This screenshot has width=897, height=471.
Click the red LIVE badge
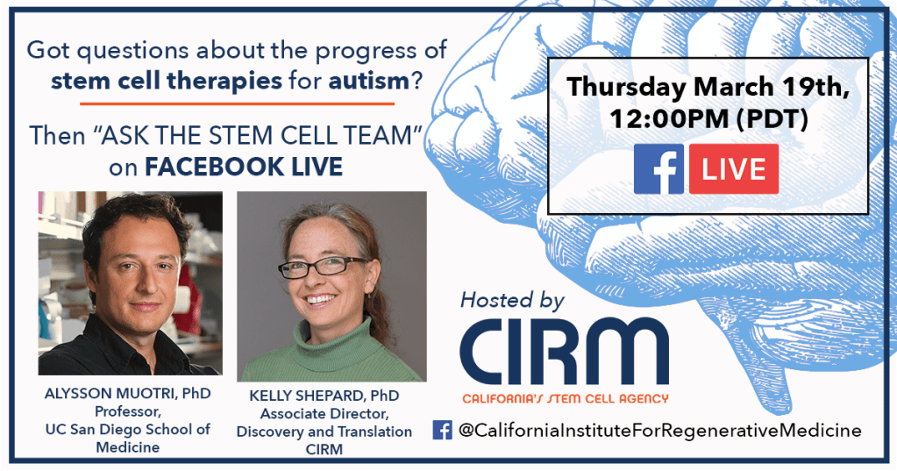click(733, 168)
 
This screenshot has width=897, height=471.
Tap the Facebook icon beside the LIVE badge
click(659, 168)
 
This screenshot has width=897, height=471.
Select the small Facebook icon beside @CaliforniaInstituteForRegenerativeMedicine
click(442, 430)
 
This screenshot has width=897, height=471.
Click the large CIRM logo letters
click(564, 352)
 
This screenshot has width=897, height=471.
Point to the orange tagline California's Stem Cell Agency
click(566, 398)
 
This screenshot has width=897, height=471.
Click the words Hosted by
click(513, 301)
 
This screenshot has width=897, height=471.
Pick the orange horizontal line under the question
click(237, 104)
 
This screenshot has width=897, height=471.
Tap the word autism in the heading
click(369, 81)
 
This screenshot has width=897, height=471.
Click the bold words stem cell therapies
click(167, 82)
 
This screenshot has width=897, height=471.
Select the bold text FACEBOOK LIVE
click(244, 167)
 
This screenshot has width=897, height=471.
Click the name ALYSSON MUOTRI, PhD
click(127, 394)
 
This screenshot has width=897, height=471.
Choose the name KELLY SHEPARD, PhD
click(324, 396)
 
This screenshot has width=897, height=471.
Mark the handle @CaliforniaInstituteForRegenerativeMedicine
click(659, 431)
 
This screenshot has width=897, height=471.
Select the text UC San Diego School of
click(127, 429)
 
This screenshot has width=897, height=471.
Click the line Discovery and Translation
click(324, 432)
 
